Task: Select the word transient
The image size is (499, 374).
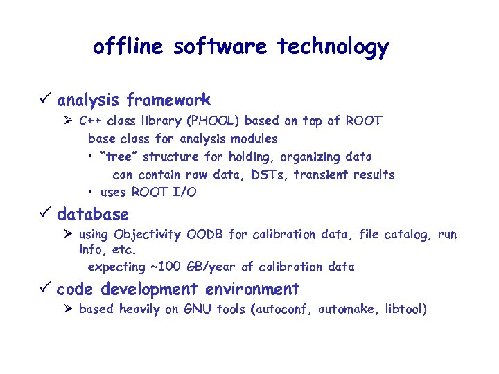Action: (x=323, y=175)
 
